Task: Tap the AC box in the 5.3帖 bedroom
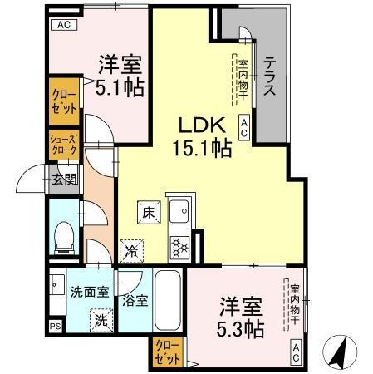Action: click(x=296, y=352)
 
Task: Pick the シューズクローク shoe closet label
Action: click(x=63, y=145)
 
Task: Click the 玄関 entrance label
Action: click(x=65, y=177)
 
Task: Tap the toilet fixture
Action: click(x=63, y=240)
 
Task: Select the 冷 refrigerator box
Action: click(x=131, y=248)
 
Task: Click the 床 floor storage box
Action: click(x=147, y=214)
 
